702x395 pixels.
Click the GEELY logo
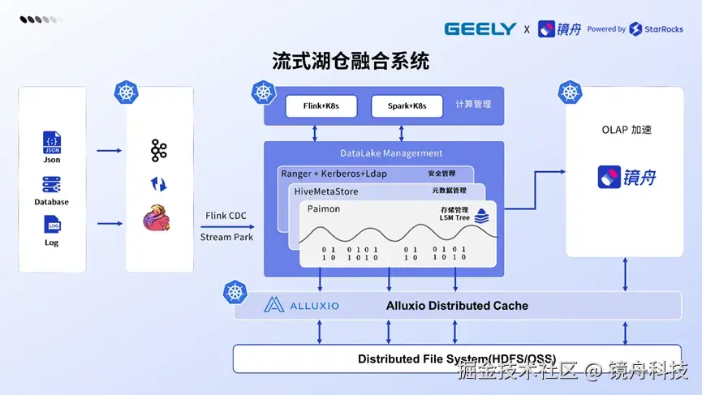(480, 29)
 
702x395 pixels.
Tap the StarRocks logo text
(664, 29)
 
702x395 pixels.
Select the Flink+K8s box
(321, 106)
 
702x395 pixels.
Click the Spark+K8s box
(407, 106)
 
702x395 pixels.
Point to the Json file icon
(52, 143)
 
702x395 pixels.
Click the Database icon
(51, 185)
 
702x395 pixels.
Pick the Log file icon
(53, 224)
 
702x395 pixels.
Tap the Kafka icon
(159, 150)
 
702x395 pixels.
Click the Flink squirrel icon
(157, 218)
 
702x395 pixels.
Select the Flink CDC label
(226, 216)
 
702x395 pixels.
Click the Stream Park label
(226, 237)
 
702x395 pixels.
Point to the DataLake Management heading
(391, 153)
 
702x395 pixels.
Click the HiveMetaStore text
(326, 191)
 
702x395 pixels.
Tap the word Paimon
(323, 209)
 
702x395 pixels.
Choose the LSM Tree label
(454, 218)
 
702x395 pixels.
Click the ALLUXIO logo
(301, 305)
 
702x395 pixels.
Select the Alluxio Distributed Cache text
(457, 306)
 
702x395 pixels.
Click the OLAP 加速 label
(627, 130)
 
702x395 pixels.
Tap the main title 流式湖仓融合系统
(351, 61)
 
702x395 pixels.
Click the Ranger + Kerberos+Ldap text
(334, 174)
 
